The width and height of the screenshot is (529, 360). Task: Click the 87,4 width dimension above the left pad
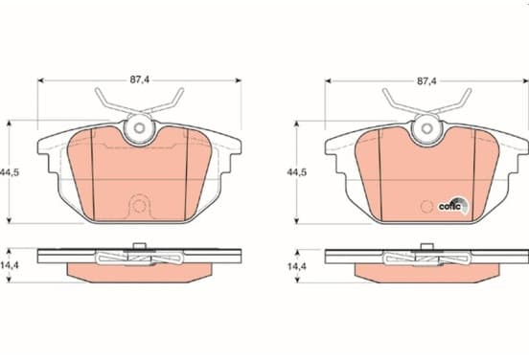click(140, 79)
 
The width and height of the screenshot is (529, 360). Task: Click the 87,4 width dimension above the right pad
click(426, 80)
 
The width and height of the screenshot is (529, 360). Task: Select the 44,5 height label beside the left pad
click(10, 172)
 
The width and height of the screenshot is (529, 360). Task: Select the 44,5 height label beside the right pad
click(297, 172)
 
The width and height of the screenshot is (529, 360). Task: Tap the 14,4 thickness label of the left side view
click(10, 265)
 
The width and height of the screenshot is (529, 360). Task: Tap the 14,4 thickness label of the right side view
click(297, 266)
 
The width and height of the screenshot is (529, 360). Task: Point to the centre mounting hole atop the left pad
click(139, 127)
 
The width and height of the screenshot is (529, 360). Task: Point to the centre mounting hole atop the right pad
click(426, 128)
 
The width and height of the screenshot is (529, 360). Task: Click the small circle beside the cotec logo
click(427, 206)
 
